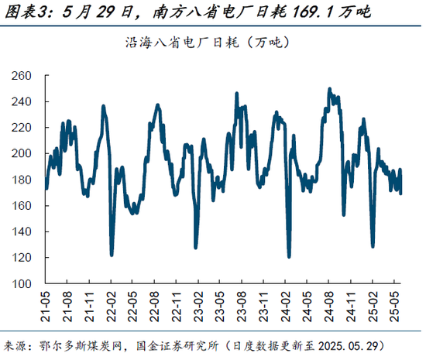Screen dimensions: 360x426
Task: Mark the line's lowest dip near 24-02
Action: click(x=289, y=255)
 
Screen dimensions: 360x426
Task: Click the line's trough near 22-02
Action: click(x=112, y=254)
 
